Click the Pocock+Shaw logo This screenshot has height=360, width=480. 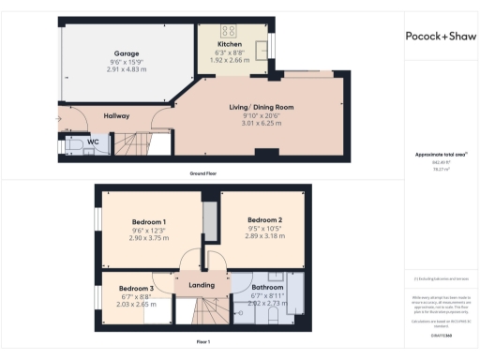440,37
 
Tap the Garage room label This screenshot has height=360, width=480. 127,53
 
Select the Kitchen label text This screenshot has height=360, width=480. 230,43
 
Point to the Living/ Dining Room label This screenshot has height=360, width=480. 262,107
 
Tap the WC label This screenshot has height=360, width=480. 93,142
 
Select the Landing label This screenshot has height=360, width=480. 202,285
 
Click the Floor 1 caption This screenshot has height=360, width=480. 202,342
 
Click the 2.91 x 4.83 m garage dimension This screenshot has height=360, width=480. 127,70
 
